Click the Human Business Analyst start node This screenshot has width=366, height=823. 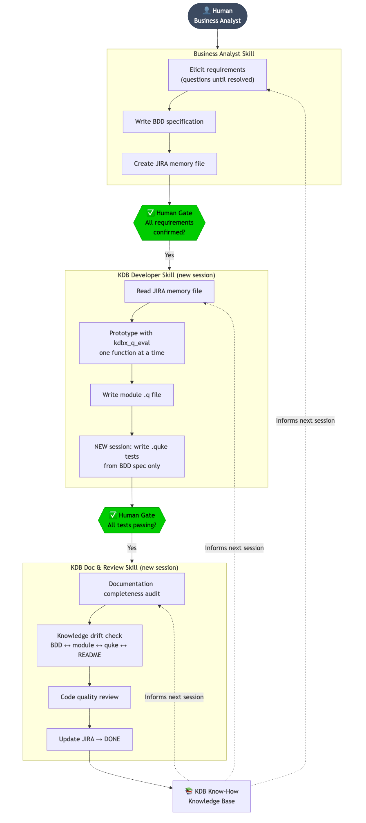pos(217,16)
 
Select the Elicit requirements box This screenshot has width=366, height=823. pos(217,75)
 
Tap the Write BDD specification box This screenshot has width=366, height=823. pos(169,122)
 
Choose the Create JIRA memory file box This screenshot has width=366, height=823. pos(169,164)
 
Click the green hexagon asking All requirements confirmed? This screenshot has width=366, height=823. pos(169,223)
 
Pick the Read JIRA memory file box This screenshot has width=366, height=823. pos(169,291)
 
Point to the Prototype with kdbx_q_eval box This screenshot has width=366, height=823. pos(132,343)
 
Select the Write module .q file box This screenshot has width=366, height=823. pos(132,395)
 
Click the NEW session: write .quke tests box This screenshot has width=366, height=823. pos(132,456)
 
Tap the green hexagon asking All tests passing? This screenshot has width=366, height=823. pos(132,520)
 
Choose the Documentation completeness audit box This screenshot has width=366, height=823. pos(132,589)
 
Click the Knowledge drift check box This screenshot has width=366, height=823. pos(89,645)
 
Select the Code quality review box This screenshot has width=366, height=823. pos(89,697)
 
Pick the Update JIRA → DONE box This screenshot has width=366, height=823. pos(89,739)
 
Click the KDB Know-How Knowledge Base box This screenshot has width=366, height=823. pos(212,796)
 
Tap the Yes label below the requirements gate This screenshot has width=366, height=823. pos(169,255)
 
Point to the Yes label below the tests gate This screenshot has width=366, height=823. pos(132,548)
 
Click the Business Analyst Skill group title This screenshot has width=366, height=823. pos(224,54)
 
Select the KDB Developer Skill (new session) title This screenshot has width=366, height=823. pos(166,275)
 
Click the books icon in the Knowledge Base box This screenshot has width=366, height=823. pos(189,791)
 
